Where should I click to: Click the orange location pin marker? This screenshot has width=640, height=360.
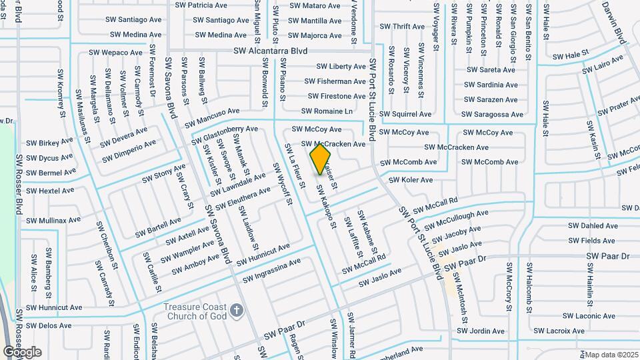[x=321, y=159]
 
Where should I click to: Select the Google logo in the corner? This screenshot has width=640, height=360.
[x=22, y=352]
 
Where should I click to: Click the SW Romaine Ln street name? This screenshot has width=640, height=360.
[x=327, y=111]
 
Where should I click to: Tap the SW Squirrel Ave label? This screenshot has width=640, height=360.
[x=405, y=114]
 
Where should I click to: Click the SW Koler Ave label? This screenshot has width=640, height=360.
[x=411, y=180]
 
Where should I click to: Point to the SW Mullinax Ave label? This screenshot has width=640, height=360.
[x=53, y=219]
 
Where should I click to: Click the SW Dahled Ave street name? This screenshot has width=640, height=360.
[x=593, y=226]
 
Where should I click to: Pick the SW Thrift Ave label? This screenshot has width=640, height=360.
[x=402, y=27]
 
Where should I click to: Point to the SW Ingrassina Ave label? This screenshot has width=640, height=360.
[x=272, y=271]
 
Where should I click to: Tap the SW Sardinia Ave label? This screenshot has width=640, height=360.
[x=491, y=85]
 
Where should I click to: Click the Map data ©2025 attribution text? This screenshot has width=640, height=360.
[x=611, y=354]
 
